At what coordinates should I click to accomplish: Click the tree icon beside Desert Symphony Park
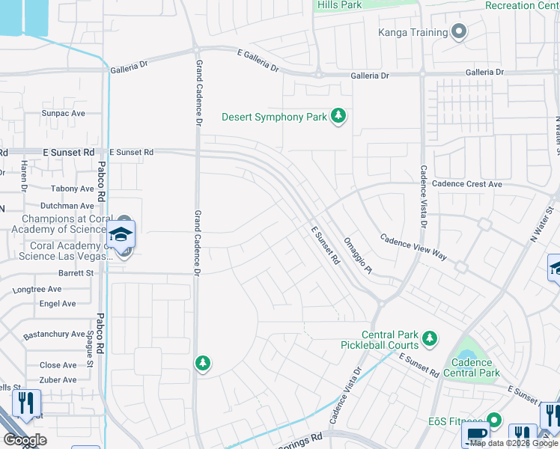click(x=339, y=117)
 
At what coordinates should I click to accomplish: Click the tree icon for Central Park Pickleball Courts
click(x=429, y=340)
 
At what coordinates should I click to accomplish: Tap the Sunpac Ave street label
click(x=64, y=114)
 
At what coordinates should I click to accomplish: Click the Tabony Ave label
click(x=73, y=189)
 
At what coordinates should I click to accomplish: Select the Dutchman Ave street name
click(x=67, y=206)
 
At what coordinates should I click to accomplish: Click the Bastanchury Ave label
click(x=54, y=334)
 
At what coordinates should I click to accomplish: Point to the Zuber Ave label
click(x=58, y=380)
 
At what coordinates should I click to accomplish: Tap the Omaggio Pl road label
click(x=356, y=255)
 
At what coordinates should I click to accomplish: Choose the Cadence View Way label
click(x=413, y=248)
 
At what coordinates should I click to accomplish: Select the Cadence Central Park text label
click(x=472, y=367)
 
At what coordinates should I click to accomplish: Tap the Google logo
click(x=25, y=440)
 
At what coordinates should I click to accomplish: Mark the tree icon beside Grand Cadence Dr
click(x=201, y=364)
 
